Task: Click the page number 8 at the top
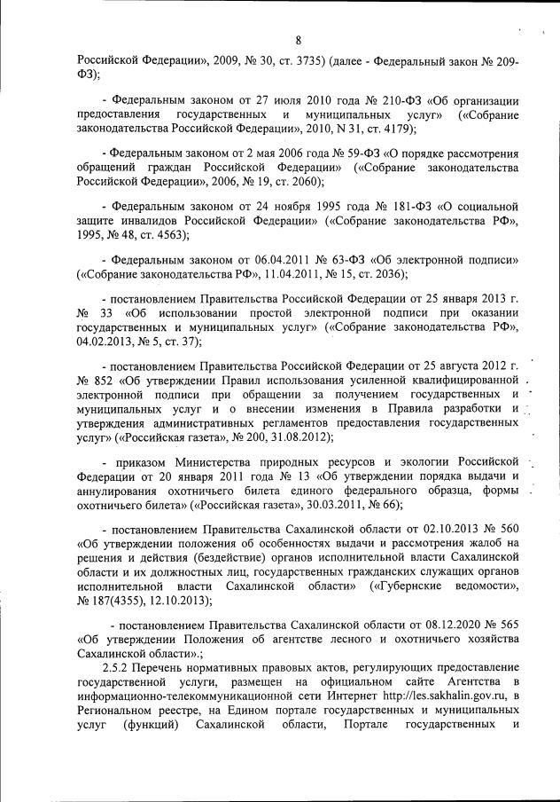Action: click(x=299, y=39)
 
